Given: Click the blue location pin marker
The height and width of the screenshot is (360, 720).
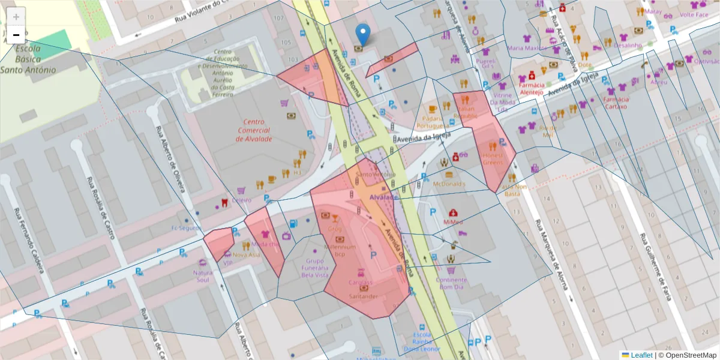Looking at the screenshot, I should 362,33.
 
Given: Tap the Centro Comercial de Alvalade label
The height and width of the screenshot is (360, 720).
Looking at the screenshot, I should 254,130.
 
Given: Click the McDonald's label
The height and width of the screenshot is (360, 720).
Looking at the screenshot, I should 449,184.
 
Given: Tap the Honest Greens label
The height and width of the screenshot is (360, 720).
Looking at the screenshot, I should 493,159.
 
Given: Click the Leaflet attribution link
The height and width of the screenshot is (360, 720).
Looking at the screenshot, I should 641,355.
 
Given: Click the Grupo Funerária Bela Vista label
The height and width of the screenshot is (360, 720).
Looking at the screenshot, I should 314,268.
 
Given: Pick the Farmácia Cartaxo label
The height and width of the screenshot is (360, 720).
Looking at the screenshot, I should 615,103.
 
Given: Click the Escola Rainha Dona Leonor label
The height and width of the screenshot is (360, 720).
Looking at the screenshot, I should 422,341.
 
